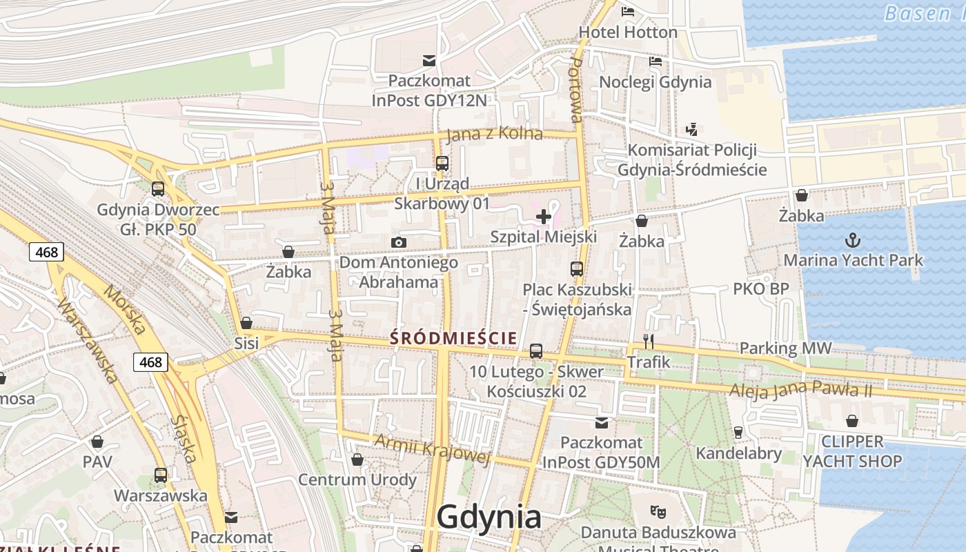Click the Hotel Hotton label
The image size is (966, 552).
pyautogui.click(x=628, y=32)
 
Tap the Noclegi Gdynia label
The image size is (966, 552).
pyautogui.click(x=655, y=82)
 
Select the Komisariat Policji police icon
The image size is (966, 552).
pyautogui.click(x=691, y=129)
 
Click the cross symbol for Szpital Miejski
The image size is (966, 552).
pyautogui.click(x=543, y=217)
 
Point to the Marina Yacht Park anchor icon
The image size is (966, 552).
pyautogui.click(x=853, y=241)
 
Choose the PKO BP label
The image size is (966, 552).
pyautogui.click(x=760, y=289)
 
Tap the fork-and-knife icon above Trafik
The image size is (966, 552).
pyautogui.click(x=648, y=341)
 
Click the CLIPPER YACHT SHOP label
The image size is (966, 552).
pyautogui.click(x=852, y=451)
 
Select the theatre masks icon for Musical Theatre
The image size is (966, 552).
pyautogui.click(x=658, y=512)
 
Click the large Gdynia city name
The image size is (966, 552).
pyautogui.click(x=489, y=517)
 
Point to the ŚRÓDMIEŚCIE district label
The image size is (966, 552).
pyautogui.click(x=453, y=338)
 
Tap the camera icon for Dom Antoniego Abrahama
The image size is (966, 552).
pyautogui.click(x=398, y=242)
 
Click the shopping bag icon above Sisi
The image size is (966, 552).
pyautogui.click(x=246, y=323)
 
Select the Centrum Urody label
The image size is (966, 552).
pyautogui.click(x=357, y=480)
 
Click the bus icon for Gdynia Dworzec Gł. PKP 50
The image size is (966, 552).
pyautogui.click(x=158, y=189)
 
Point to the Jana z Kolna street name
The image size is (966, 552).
pyautogui.click(x=494, y=134)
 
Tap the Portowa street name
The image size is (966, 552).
pyautogui.click(x=576, y=90)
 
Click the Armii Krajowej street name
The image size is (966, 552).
pyautogui.click(x=432, y=448)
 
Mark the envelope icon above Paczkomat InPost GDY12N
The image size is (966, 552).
pyautogui.click(x=429, y=61)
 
